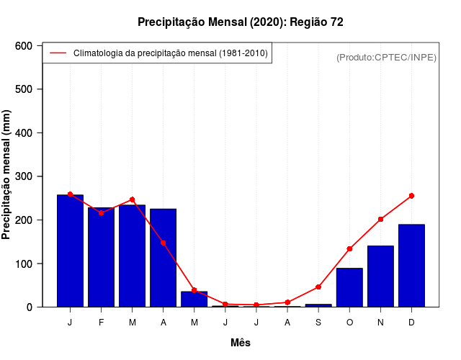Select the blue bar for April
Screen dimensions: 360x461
point(163,258)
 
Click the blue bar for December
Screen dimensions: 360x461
point(411,266)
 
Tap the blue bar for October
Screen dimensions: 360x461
point(349,287)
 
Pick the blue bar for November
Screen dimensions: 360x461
point(380,276)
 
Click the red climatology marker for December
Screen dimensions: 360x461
point(411,196)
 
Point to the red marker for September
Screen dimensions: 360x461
point(318,287)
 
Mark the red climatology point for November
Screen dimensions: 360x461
point(380,219)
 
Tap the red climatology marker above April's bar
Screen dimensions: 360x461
point(164,243)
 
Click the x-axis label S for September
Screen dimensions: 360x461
point(318,323)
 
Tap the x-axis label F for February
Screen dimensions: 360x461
point(101,323)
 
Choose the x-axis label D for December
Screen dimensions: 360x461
point(411,323)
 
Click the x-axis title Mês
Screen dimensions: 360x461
point(241,343)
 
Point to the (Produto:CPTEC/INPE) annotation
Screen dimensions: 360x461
point(386,57)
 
